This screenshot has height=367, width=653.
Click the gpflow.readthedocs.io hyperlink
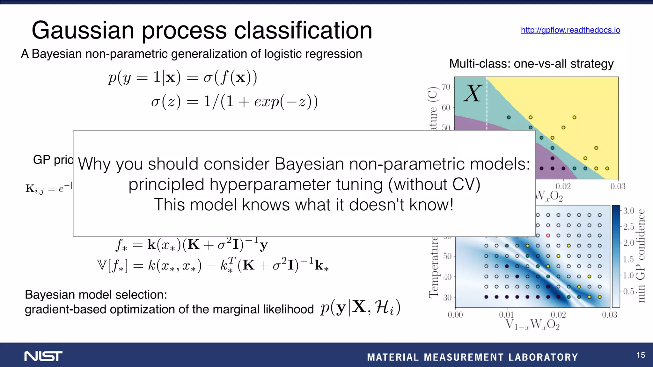pos(570,30)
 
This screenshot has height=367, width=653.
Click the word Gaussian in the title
pos(83,31)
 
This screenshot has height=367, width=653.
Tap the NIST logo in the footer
pos(43,356)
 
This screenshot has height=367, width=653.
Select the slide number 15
pos(641,355)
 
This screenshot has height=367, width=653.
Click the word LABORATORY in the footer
pos(543,357)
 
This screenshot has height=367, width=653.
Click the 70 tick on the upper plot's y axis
pos(446,87)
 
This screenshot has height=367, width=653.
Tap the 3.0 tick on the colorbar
pos(628,211)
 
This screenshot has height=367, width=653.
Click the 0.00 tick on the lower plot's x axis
pos(455,315)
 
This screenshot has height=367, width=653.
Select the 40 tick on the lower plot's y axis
pos(447,277)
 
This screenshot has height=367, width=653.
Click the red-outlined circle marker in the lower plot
pos(548,236)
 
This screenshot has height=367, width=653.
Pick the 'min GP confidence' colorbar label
pos(641,255)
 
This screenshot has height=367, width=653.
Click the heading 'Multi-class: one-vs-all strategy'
pos(531,64)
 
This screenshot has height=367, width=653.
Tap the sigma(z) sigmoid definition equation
pos(234,102)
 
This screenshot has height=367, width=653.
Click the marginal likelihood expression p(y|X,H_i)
pos(360,308)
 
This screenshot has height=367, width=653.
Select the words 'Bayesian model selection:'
pos(96,295)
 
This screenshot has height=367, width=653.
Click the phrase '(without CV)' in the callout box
pos(434,184)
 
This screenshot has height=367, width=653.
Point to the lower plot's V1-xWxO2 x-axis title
pos(532,325)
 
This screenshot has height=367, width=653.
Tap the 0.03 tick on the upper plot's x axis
pos(618,186)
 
